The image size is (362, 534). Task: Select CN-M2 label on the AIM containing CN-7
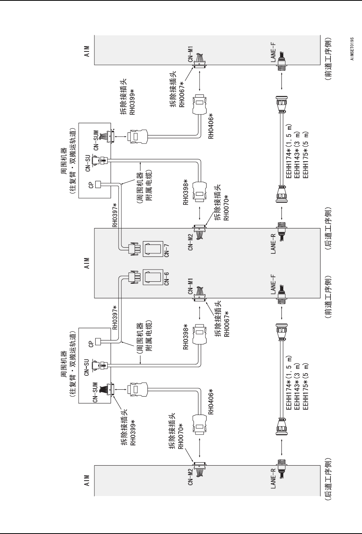(190, 241)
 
